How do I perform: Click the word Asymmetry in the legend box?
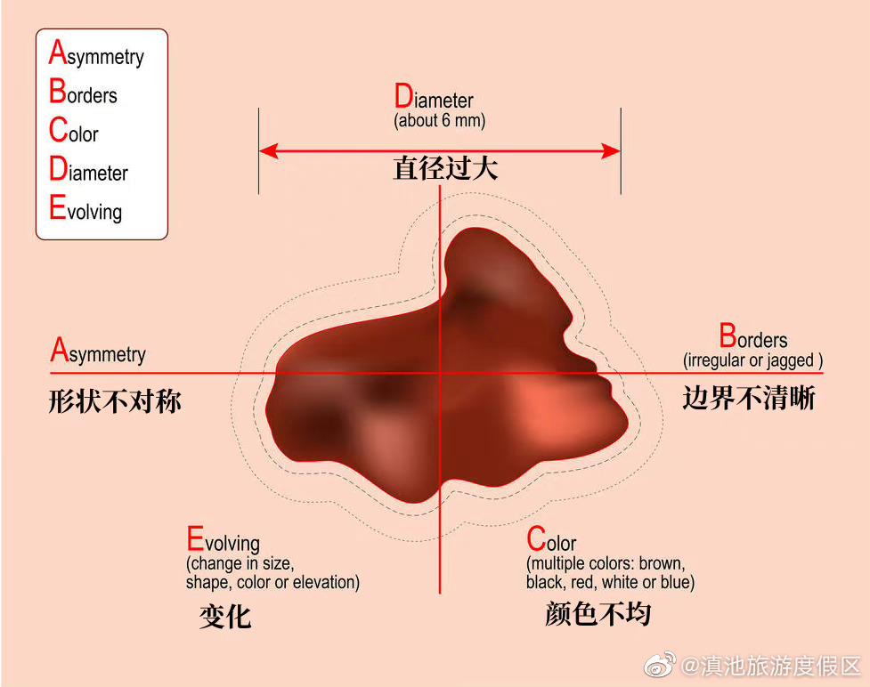click(96, 55)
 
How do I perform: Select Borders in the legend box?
click(83, 93)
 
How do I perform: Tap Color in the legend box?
click(73, 133)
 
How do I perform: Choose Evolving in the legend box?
click(85, 210)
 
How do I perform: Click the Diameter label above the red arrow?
click(434, 99)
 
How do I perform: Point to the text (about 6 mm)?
click(439, 120)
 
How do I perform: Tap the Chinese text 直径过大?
click(444, 168)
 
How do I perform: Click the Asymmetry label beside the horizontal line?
click(98, 352)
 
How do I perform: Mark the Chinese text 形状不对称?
click(115, 401)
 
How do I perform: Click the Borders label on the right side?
click(753, 339)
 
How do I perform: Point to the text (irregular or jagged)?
click(752, 360)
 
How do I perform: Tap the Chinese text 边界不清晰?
click(749, 398)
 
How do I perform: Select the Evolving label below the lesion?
click(223, 541)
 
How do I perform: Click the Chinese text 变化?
click(225, 616)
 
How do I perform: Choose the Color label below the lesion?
click(551, 541)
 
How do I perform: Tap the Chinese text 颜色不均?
click(598, 614)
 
